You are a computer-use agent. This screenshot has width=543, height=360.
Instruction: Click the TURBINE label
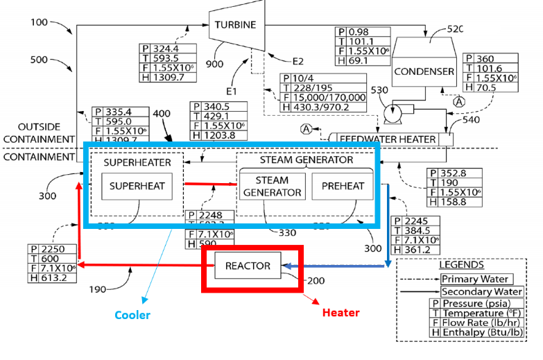[235, 25]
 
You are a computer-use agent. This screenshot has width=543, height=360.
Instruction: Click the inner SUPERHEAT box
[137, 185]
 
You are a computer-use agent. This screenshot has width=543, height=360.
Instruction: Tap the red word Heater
[341, 313]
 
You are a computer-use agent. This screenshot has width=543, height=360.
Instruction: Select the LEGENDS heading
[461, 264]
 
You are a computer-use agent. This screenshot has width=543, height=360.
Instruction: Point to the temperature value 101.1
[361, 42]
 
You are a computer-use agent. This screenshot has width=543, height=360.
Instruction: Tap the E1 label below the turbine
[231, 91]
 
